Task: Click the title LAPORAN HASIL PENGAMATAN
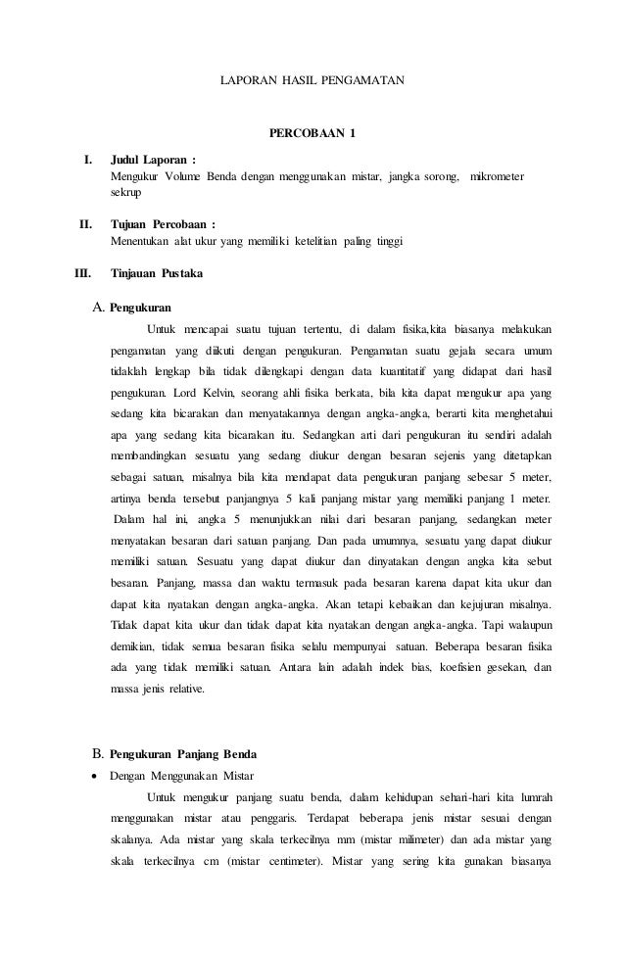312,75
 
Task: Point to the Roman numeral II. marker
85,223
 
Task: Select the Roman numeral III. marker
82,274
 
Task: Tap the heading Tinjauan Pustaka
157,274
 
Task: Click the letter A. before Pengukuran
98,308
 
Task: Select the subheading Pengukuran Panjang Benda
183,754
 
